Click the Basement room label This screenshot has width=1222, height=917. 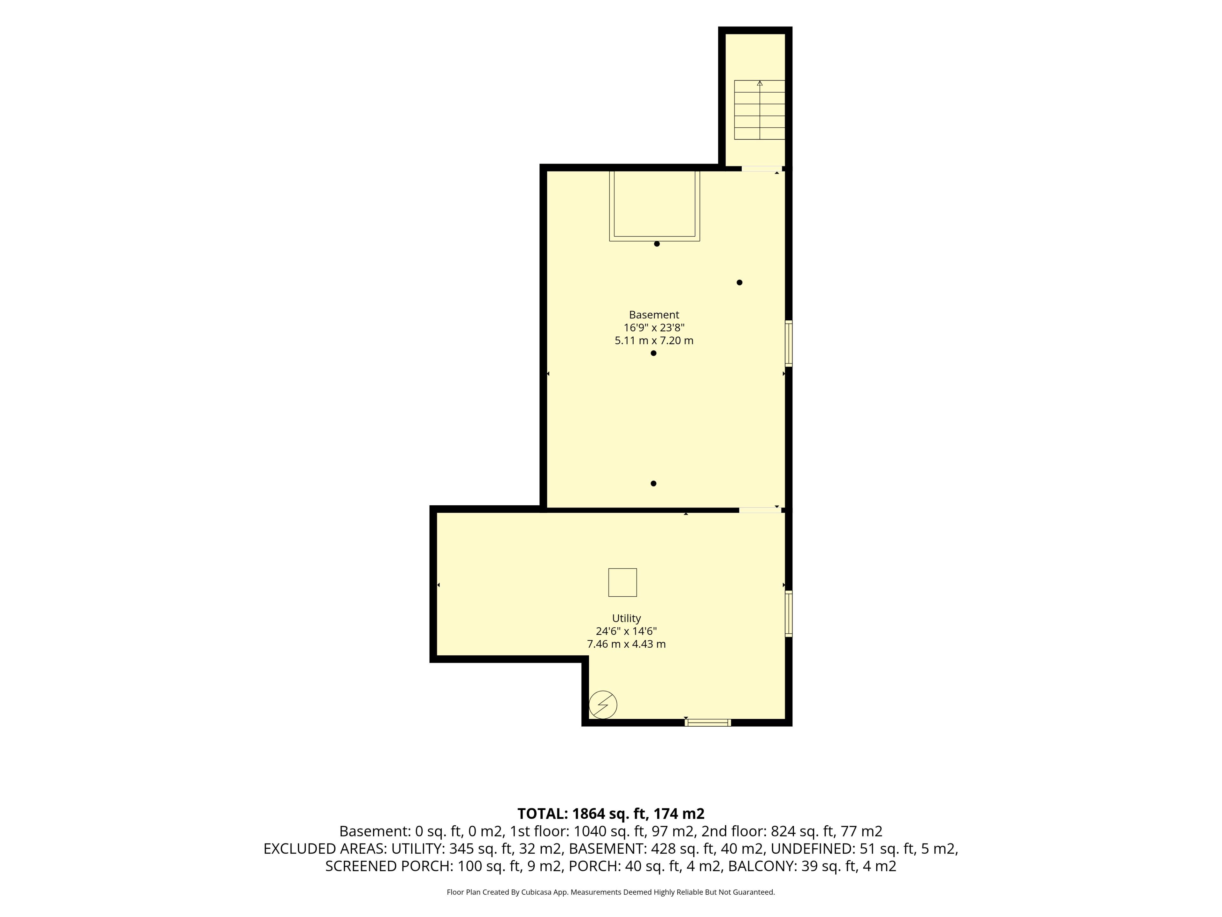tap(654, 315)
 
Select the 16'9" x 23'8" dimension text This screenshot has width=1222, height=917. tap(654, 328)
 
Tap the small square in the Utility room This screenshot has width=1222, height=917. tap(622, 583)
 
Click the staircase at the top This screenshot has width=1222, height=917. tap(760, 110)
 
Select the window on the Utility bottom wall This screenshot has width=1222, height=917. tap(708, 722)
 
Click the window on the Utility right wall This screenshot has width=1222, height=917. tap(789, 614)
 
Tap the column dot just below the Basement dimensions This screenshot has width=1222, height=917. tap(654, 353)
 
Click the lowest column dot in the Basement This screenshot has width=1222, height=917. tap(654, 484)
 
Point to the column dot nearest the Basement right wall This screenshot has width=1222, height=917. tap(740, 282)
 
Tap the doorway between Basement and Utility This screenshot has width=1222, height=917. tap(760, 510)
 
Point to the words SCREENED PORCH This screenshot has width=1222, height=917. tap(389, 866)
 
